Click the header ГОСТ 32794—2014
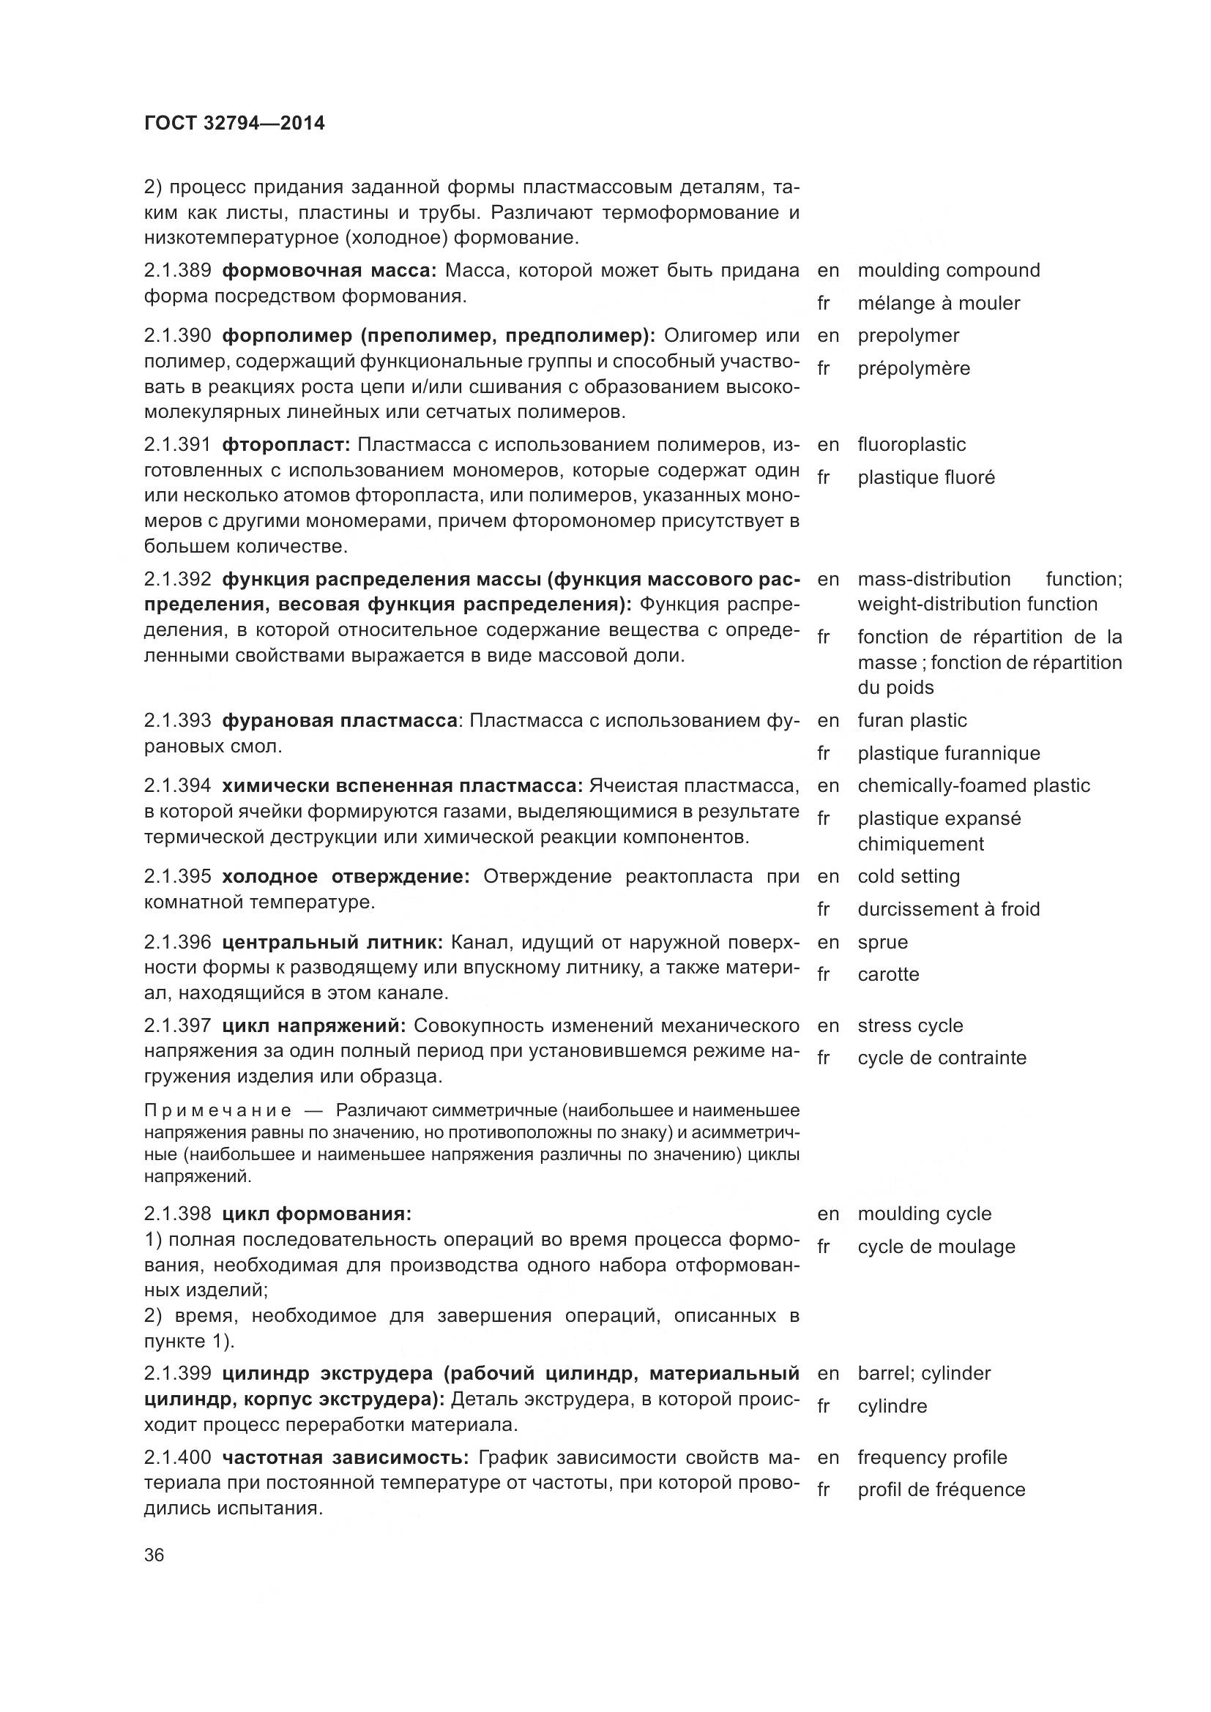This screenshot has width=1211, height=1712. (234, 124)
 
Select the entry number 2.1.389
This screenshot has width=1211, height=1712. (177, 271)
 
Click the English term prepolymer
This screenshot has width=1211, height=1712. (908, 335)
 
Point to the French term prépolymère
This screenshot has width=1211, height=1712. (914, 368)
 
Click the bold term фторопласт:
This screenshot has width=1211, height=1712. (286, 445)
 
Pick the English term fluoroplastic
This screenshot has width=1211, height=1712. (912, 445)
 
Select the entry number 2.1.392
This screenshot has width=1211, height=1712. (177, 580)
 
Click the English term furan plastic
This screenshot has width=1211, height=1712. (912, 721)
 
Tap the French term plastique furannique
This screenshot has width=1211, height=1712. (948, 754)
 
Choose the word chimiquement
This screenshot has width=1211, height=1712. (920, 844)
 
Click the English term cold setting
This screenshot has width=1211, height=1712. (908, 877)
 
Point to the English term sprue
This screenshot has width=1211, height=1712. (882, 943)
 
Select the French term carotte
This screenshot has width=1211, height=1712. (888, 974)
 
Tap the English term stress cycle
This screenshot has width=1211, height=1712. (910, 1026)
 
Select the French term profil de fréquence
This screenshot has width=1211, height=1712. (941, 1489)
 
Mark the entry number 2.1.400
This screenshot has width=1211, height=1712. (177, 1458)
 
